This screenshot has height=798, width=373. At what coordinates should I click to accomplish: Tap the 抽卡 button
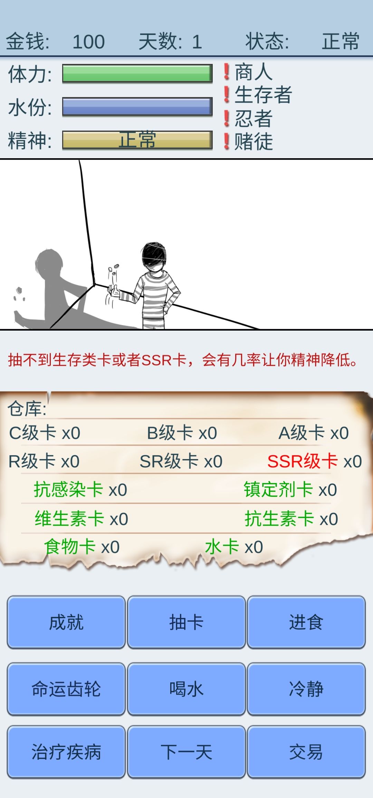186,622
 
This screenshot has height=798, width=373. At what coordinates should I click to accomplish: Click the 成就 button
66,622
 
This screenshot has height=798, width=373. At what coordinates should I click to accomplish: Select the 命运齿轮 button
66,689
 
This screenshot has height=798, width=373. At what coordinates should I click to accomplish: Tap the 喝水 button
186,689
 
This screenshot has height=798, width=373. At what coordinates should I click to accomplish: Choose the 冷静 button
306,689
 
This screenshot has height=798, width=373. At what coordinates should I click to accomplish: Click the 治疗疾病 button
66,752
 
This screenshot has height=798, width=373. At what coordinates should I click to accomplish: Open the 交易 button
306,752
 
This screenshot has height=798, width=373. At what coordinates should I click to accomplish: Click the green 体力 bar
137,74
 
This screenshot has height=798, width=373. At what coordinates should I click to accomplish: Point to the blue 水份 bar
137,106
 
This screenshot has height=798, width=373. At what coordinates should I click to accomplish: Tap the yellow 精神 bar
137,140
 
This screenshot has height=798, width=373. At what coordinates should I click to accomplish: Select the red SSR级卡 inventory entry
315,461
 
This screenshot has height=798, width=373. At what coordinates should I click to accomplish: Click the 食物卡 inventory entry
82,547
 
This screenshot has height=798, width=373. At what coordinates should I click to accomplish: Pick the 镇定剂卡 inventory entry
290,490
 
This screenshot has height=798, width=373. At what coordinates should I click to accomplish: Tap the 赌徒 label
254,142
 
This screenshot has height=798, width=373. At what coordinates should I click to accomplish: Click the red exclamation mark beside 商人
227,72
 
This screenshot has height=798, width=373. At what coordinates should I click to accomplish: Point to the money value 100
88,42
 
